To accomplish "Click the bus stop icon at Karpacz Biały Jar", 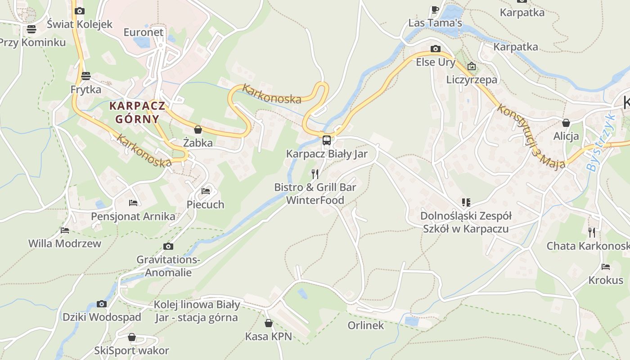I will [x=327, y=140].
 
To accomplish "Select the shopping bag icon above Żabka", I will [x=198, y=130].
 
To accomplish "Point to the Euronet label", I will [x=144, y=32].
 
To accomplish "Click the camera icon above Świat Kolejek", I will [x=80, y=11].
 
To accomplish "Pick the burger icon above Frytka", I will [x=86, y=76].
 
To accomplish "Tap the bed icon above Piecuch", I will [x=206, y=191].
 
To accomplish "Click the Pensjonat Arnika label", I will [x=133, y=216].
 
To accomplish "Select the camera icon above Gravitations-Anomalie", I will [x=168, y=246].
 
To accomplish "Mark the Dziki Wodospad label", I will [x=102, y=317].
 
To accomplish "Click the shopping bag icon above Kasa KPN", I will [x=269, y=323].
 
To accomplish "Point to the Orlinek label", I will [x=366, y=325].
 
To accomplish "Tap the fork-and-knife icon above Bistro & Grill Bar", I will [x=315, y=174].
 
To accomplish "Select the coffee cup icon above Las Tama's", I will [x=435, y=9].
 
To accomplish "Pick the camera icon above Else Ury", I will [x=435, y=49].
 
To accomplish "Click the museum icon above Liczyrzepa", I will [x=472, y=67].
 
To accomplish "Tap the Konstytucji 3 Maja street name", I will [x=531, y=137].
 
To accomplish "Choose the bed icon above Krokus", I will [x=606, y=267].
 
